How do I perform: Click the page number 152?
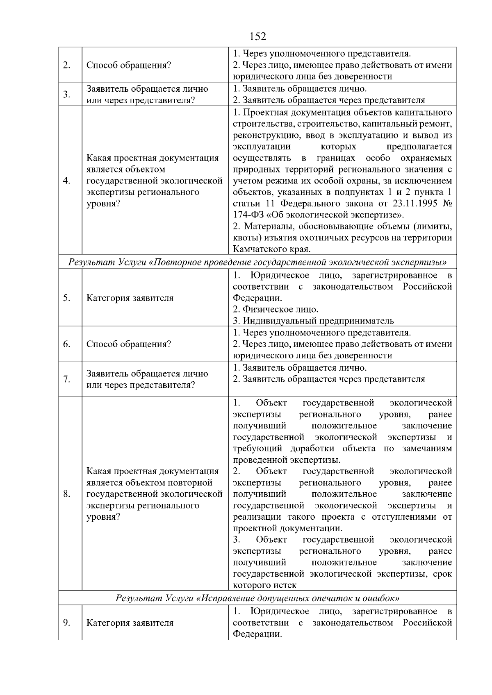tap(257, 36)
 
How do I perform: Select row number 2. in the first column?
tap(66, 65)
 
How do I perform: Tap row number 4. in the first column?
tap(67, 181)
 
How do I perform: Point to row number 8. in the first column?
tap(67, 494)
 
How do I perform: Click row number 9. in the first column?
tap(66, 623)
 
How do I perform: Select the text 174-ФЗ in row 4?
tap(248, 215)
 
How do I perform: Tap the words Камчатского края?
tap(271, 249)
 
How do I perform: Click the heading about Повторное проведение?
tap(257, 262)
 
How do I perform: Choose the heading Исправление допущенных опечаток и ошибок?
tap(257, 598)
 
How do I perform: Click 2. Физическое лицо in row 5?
tap(276, 309)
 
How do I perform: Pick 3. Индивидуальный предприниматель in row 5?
tap(313, 321)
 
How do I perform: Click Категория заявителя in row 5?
tap(130, 298)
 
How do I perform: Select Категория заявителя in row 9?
tap(130, 623)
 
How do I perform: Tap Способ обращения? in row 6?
tap(128, 344)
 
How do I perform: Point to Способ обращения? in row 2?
tap(128, 65)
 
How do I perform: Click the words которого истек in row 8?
tap(264, 585)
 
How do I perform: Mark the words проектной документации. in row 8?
tap(287, 528)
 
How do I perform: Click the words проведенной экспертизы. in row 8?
tap(287, 460)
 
